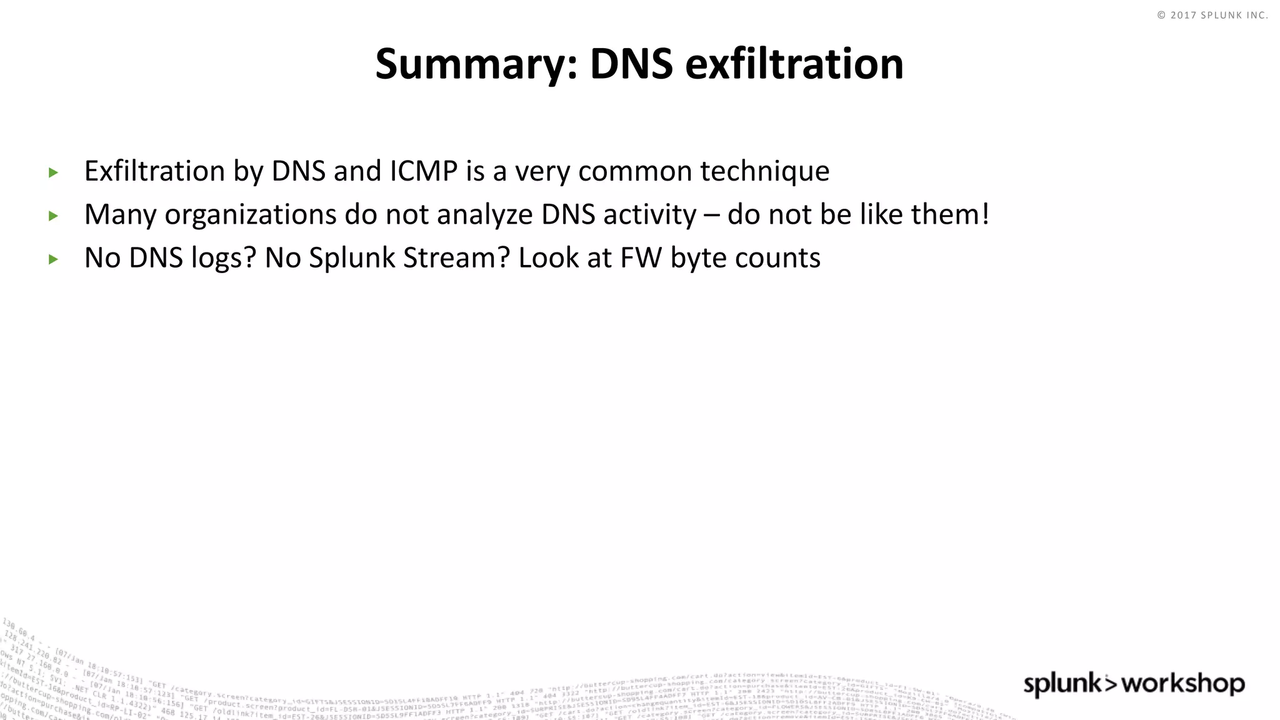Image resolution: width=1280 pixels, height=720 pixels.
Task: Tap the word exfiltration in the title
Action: point(794,64)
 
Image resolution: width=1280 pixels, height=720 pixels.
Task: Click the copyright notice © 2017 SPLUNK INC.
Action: point(1212,15)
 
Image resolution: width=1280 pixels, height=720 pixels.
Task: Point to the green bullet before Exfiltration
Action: point(53,172)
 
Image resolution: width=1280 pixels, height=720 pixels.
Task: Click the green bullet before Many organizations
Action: point(53,216)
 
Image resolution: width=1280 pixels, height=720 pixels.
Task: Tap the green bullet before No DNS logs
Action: point(53,259)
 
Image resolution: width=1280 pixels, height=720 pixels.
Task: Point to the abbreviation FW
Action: point(641,258)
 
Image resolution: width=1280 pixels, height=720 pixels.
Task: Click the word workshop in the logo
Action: point(1183,684)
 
